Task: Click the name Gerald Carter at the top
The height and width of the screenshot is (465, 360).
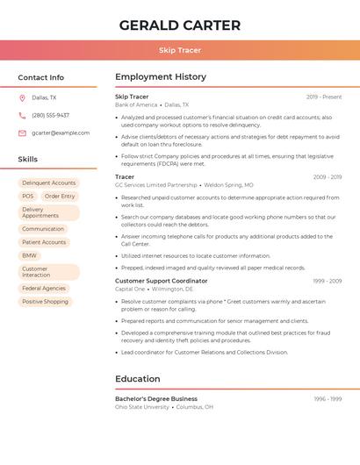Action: [x=179, y=25]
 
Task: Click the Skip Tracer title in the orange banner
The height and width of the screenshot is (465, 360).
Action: [x=179, y=50]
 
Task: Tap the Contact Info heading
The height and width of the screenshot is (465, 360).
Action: [x=40, y=77]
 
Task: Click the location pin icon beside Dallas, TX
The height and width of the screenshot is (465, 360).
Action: [x=22, y=98]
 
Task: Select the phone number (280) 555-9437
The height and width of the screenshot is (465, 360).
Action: [x=50, y=115]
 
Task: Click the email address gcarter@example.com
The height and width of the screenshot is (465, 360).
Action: [x=61, y=132]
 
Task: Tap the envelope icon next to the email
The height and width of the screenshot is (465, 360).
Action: [x=22, y=132]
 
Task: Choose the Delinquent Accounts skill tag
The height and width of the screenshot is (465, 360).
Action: [x=48, y=182]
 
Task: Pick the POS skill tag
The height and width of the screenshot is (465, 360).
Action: [x=28, y=197]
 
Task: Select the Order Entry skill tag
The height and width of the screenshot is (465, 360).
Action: [x=60, y=197]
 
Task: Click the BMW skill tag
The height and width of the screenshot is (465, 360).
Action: [x=30, y=255]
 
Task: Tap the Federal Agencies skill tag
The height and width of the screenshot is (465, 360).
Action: [x=44, y=288]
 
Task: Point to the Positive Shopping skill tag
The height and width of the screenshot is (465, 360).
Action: [x=45, y=302]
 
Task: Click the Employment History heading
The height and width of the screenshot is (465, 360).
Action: [x=161, y=77]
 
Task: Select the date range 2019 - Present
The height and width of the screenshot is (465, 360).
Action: [x=324, y=97]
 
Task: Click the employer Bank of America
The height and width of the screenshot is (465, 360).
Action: [x=136, y=104]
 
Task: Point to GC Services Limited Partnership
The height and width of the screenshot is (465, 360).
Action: [x=156, y=185]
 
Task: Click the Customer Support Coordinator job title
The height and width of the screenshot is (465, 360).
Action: [x=162, y=281]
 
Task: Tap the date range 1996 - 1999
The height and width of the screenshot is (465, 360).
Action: [x=328, y=398]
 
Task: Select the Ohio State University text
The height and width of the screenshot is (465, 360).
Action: [x=142, y=407]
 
